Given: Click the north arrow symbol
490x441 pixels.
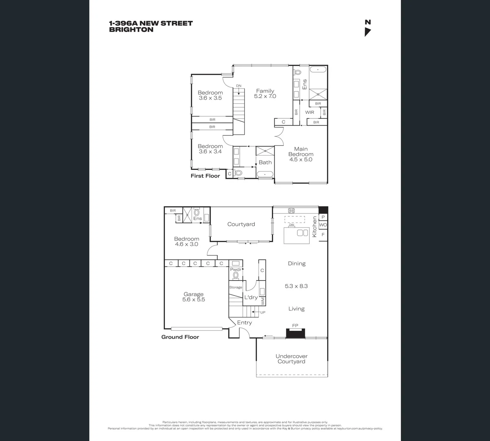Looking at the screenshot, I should [x=367, y=32].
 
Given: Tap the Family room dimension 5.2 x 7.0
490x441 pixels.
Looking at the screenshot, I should [x=265, y=96].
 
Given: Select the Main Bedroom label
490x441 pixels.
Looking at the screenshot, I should [x=301, y=151].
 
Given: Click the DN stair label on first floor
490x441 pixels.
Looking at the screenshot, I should [x=238, y=86].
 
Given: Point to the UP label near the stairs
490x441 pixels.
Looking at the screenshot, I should [x=263, y=312].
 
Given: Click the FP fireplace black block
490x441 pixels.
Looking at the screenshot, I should [x=295, y=333].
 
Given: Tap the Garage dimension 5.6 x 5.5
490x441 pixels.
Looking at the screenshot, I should [x=194, y=300].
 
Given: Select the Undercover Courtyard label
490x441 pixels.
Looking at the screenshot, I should [x=292, y=359].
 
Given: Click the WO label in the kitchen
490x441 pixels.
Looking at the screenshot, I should [x=323, y=225].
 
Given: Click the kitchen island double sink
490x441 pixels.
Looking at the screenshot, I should [x=303, y=233].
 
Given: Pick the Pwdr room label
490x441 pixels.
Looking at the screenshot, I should [x=236, y=270].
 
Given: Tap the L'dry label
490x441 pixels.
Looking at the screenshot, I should [x=251, y=297].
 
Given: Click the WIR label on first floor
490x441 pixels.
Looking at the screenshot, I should [x=310, y=112].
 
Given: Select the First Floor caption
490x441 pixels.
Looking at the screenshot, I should [x=205, y=176].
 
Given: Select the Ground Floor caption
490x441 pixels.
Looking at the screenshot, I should [x=180, y=337].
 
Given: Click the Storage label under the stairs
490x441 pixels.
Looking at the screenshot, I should [x=236, y=287].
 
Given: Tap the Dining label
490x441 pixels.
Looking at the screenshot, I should [x=296, y=264].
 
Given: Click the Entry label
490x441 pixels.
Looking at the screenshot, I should [x=244, y=323].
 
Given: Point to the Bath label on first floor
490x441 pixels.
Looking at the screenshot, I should [x=265, y=163].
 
